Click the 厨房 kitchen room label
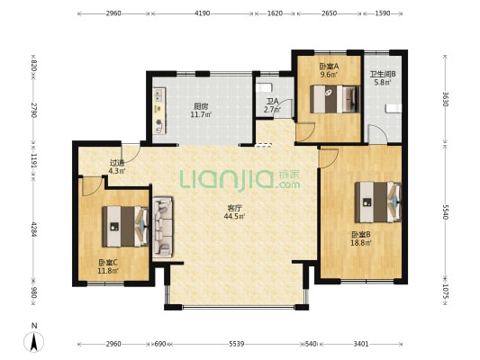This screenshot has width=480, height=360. pos(201,106)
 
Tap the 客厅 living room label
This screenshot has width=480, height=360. pos(235,208)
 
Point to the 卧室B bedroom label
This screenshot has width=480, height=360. pos(361,235)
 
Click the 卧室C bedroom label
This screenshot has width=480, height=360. pos(108,263)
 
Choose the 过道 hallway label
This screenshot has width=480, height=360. pos(117,163)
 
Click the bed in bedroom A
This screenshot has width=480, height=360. pos(335,99)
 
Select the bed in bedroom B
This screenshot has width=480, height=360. pos(378,202)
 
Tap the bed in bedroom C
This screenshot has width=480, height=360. pos(125,226)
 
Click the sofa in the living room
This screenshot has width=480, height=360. pos(162,227)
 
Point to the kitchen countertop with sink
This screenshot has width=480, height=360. pos(159,111)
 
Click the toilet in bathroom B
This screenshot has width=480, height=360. pos(394,109)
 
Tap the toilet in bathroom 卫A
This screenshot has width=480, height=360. pos(264,88)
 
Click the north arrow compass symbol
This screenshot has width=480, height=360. pos(34,341)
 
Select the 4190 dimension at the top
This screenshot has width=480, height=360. pos(203,13)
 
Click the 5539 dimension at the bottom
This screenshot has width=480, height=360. pos(237,344)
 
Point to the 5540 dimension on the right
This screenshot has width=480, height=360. pos(446,212)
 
